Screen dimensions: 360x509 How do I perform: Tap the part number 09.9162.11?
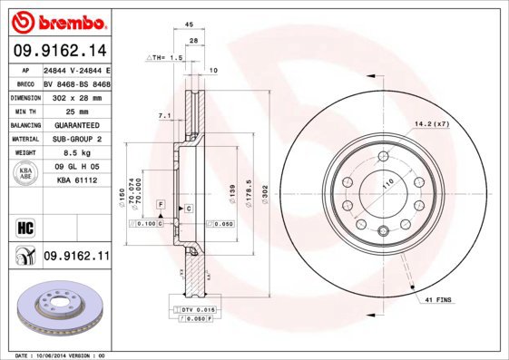[x=76, y=257]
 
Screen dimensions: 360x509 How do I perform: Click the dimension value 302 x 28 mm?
[x=76, y=96]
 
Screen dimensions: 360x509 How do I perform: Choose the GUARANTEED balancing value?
[x=76, y=124]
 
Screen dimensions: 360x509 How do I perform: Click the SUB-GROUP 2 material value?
[x=76, y=139]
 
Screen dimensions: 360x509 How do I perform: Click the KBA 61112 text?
[x=77, y=180]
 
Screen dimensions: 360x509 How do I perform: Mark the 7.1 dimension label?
[x=163, y=116]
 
